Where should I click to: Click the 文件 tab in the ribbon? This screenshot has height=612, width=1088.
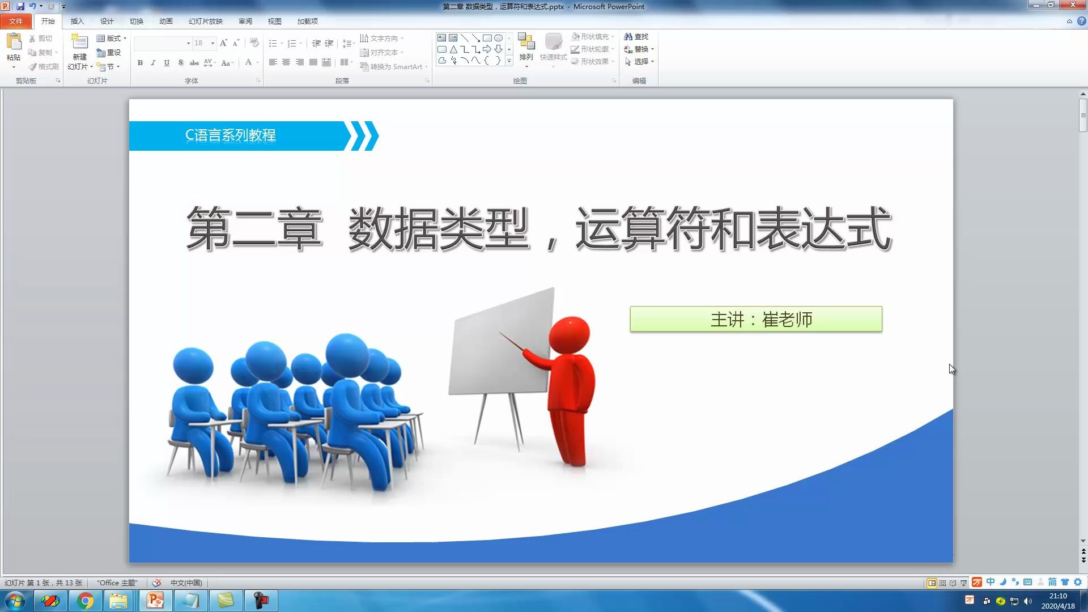tap(15, 22)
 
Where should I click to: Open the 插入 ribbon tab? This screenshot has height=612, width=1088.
tap(77, 22)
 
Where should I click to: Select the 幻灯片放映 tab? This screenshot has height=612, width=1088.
tap(205, 22)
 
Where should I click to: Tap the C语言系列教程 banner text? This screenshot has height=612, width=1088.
tap(231, 135)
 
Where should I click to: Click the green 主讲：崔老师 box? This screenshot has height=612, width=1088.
tap(755, 319)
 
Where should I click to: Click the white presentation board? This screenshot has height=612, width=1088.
tap(501, 343)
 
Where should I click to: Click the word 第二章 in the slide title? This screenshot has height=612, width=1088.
tap(254, 229)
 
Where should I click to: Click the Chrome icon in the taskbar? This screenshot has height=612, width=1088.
tap(86, 601)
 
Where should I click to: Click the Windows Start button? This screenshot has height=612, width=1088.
tap(15, 601)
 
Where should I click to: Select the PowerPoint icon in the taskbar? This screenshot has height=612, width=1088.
tap(155, 601)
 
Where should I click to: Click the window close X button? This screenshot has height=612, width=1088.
tap(1073, 5)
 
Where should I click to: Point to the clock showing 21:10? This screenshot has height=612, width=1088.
tap(1057, 596)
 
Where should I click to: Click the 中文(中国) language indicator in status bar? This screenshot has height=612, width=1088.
tap(186, 583)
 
